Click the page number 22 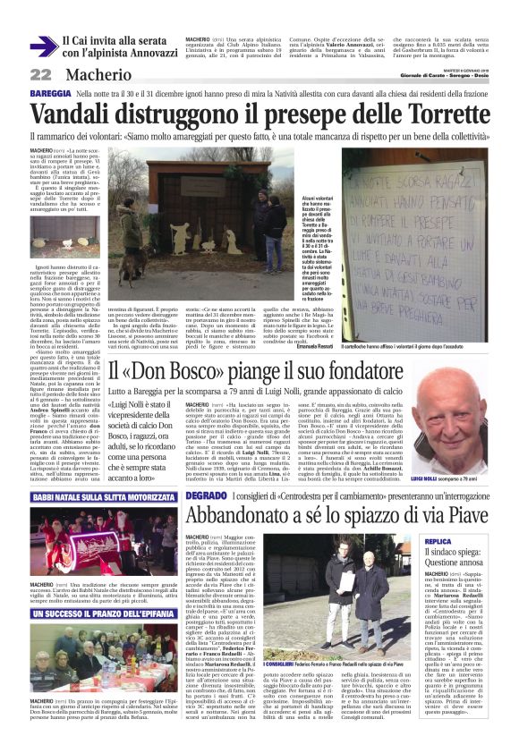40,74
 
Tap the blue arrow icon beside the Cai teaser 42,47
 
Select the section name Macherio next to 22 98,74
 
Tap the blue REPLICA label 463,541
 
